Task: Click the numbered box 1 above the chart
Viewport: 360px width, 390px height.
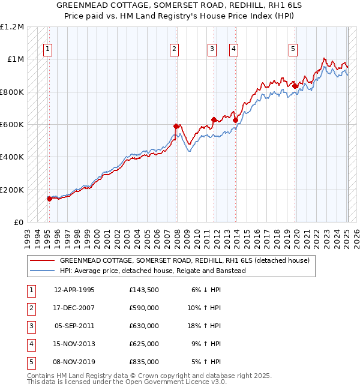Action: [x=47, y=50]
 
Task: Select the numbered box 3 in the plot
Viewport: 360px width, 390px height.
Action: [x=212, y=50]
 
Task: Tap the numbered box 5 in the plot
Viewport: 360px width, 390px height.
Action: [x=293, y=50]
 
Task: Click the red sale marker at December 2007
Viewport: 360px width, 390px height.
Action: [x=176, y=126]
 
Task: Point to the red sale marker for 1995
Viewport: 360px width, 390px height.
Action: [x=49, y=199]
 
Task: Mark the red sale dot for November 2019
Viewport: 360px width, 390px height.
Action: [x=295, y=86]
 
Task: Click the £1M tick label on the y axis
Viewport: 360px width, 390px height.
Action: [x=14, y=59]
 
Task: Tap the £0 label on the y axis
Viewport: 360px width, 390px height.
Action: [x=18, y=223]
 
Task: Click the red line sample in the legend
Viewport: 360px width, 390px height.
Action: [x=43, y=260]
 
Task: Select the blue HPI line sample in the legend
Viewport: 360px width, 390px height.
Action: [x=43, y=271]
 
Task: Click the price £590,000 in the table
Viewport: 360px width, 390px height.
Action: [x=144, y=308]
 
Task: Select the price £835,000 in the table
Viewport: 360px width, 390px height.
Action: [x=144, y=362]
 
